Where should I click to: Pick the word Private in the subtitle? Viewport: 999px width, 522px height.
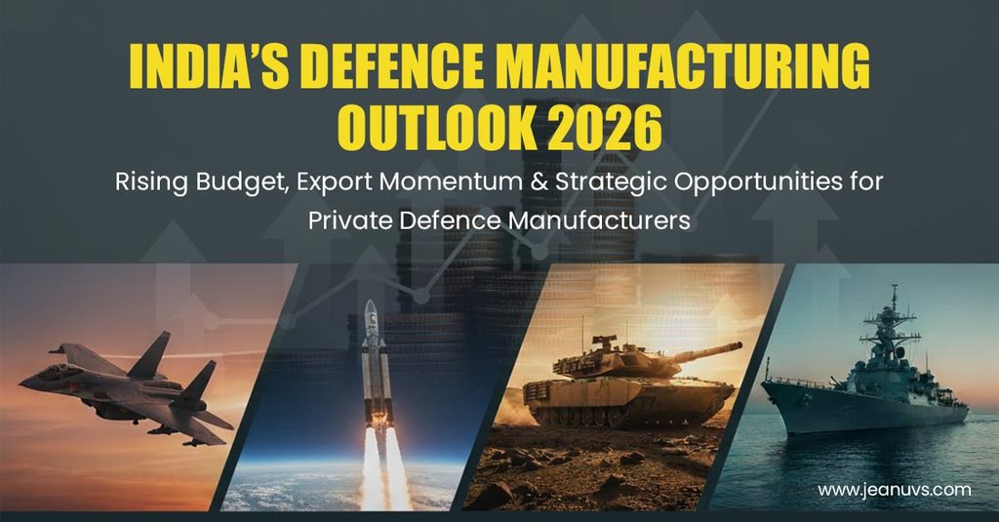350,221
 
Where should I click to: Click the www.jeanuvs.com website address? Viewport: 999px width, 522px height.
895,490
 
